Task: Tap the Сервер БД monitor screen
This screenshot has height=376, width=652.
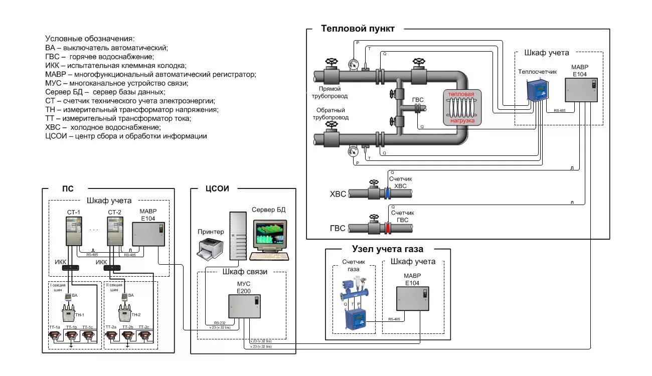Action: click(270, 234)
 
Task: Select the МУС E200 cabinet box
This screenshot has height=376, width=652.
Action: click(245, 306)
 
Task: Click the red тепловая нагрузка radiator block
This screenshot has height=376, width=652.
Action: click(461, 107)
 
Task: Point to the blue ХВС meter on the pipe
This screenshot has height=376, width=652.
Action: click(387, 193)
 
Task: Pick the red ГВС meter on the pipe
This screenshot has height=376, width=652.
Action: click(387, 228)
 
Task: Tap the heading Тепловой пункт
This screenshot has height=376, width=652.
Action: click(358, 29)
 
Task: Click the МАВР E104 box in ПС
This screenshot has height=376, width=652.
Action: click(148, 234)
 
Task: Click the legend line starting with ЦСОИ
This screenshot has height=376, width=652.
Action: click(126, 136)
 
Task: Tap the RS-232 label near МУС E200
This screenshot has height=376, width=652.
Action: click(219, 323)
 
